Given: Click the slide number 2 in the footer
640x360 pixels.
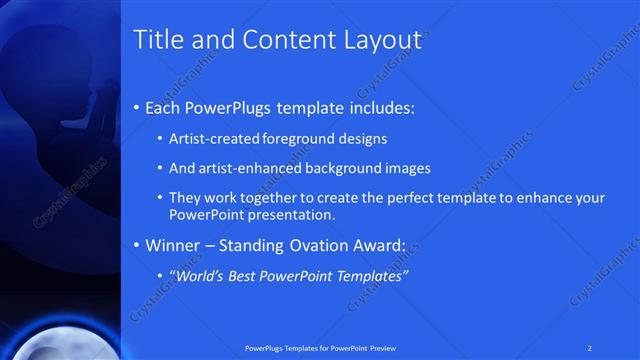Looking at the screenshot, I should pos(589,347).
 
